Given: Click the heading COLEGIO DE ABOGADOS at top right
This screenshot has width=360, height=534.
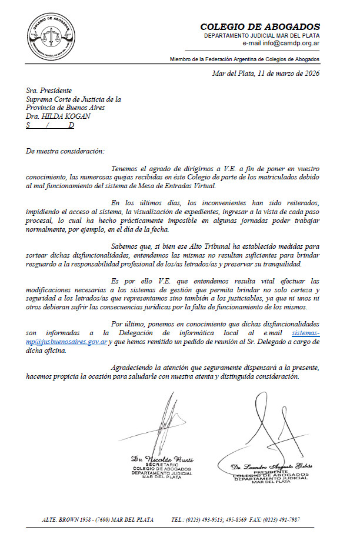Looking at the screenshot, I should (260, 26).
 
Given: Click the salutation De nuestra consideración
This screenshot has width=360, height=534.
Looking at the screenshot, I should (65, 151).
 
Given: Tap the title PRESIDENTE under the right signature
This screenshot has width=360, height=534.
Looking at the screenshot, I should (271, 471).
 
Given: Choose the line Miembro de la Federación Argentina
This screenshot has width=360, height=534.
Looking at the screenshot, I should (245, 59).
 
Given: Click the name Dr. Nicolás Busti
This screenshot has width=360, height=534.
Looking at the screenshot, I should (155, 458).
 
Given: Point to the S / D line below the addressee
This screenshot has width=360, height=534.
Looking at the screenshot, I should (51, 125).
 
